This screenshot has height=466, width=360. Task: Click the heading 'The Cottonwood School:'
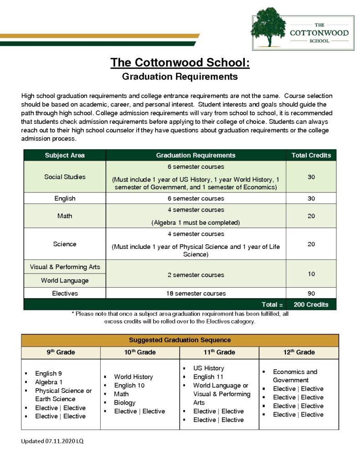[x=180, y=62]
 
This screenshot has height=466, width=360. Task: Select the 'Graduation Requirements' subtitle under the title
[x=180, y=76]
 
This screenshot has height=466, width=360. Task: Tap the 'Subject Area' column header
[x=65, y=155]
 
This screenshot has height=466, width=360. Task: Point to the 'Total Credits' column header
[x=311, y=155]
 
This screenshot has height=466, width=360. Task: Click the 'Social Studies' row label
[x=65, y=177]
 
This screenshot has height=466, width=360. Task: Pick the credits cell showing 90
[x=311, y=293]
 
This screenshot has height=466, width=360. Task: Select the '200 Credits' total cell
[x=311, y=304]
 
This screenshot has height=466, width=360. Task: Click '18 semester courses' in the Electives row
[x=196, y=293]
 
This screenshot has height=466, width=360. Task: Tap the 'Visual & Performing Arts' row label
[x=65, y=267]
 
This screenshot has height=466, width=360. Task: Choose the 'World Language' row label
[x=65, y=280]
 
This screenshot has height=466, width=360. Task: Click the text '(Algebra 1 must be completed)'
[x=196, y=223]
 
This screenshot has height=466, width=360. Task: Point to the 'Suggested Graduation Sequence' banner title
[x=180, y=340]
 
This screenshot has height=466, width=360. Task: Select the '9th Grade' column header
[x=61, y=352]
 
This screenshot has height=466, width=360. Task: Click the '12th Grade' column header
[x=299, y=352]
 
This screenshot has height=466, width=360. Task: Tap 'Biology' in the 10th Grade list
[x=125, y=403]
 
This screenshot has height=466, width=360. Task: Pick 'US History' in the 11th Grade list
[x=208, y=368]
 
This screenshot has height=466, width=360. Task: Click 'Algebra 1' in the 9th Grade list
[x=49, y=382]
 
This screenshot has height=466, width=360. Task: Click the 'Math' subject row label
[x=65, y=216]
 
